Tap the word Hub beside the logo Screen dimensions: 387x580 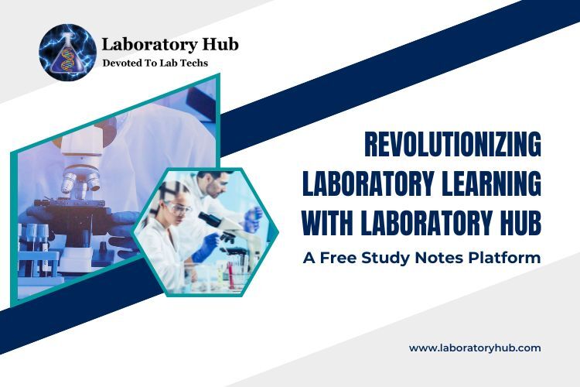[219, 44]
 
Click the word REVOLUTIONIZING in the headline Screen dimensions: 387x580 [452, 146]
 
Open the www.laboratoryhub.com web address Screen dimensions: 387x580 [475, 348]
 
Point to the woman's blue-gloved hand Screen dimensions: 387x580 [206, 248]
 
